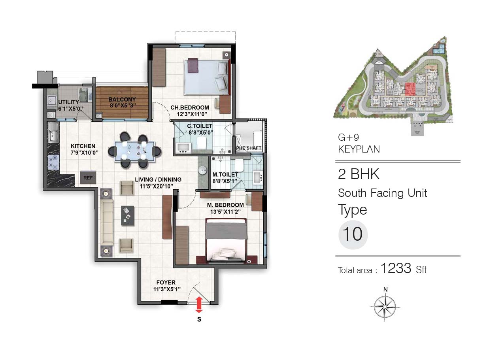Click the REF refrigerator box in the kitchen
pos(88,178)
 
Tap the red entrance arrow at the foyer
pos(199,305)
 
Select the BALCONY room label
pos(122,99)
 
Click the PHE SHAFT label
pos(249,148)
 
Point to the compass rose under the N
pos(385,307)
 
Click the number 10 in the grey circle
pos(353,234)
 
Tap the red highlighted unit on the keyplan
pos(410,89)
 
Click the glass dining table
pos(135,151)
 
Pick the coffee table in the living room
pos(128,215)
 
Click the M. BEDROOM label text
pos(225,205)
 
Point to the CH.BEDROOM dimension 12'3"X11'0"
pos(192,114)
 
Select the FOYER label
pos(166,282)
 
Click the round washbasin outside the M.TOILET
pos(203,170)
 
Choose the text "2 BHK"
pos(359,174)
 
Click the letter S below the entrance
pos(199,319)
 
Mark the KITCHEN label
pos(83,146)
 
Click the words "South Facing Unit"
pos(382,193)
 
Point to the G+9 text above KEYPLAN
pos(348,137)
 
